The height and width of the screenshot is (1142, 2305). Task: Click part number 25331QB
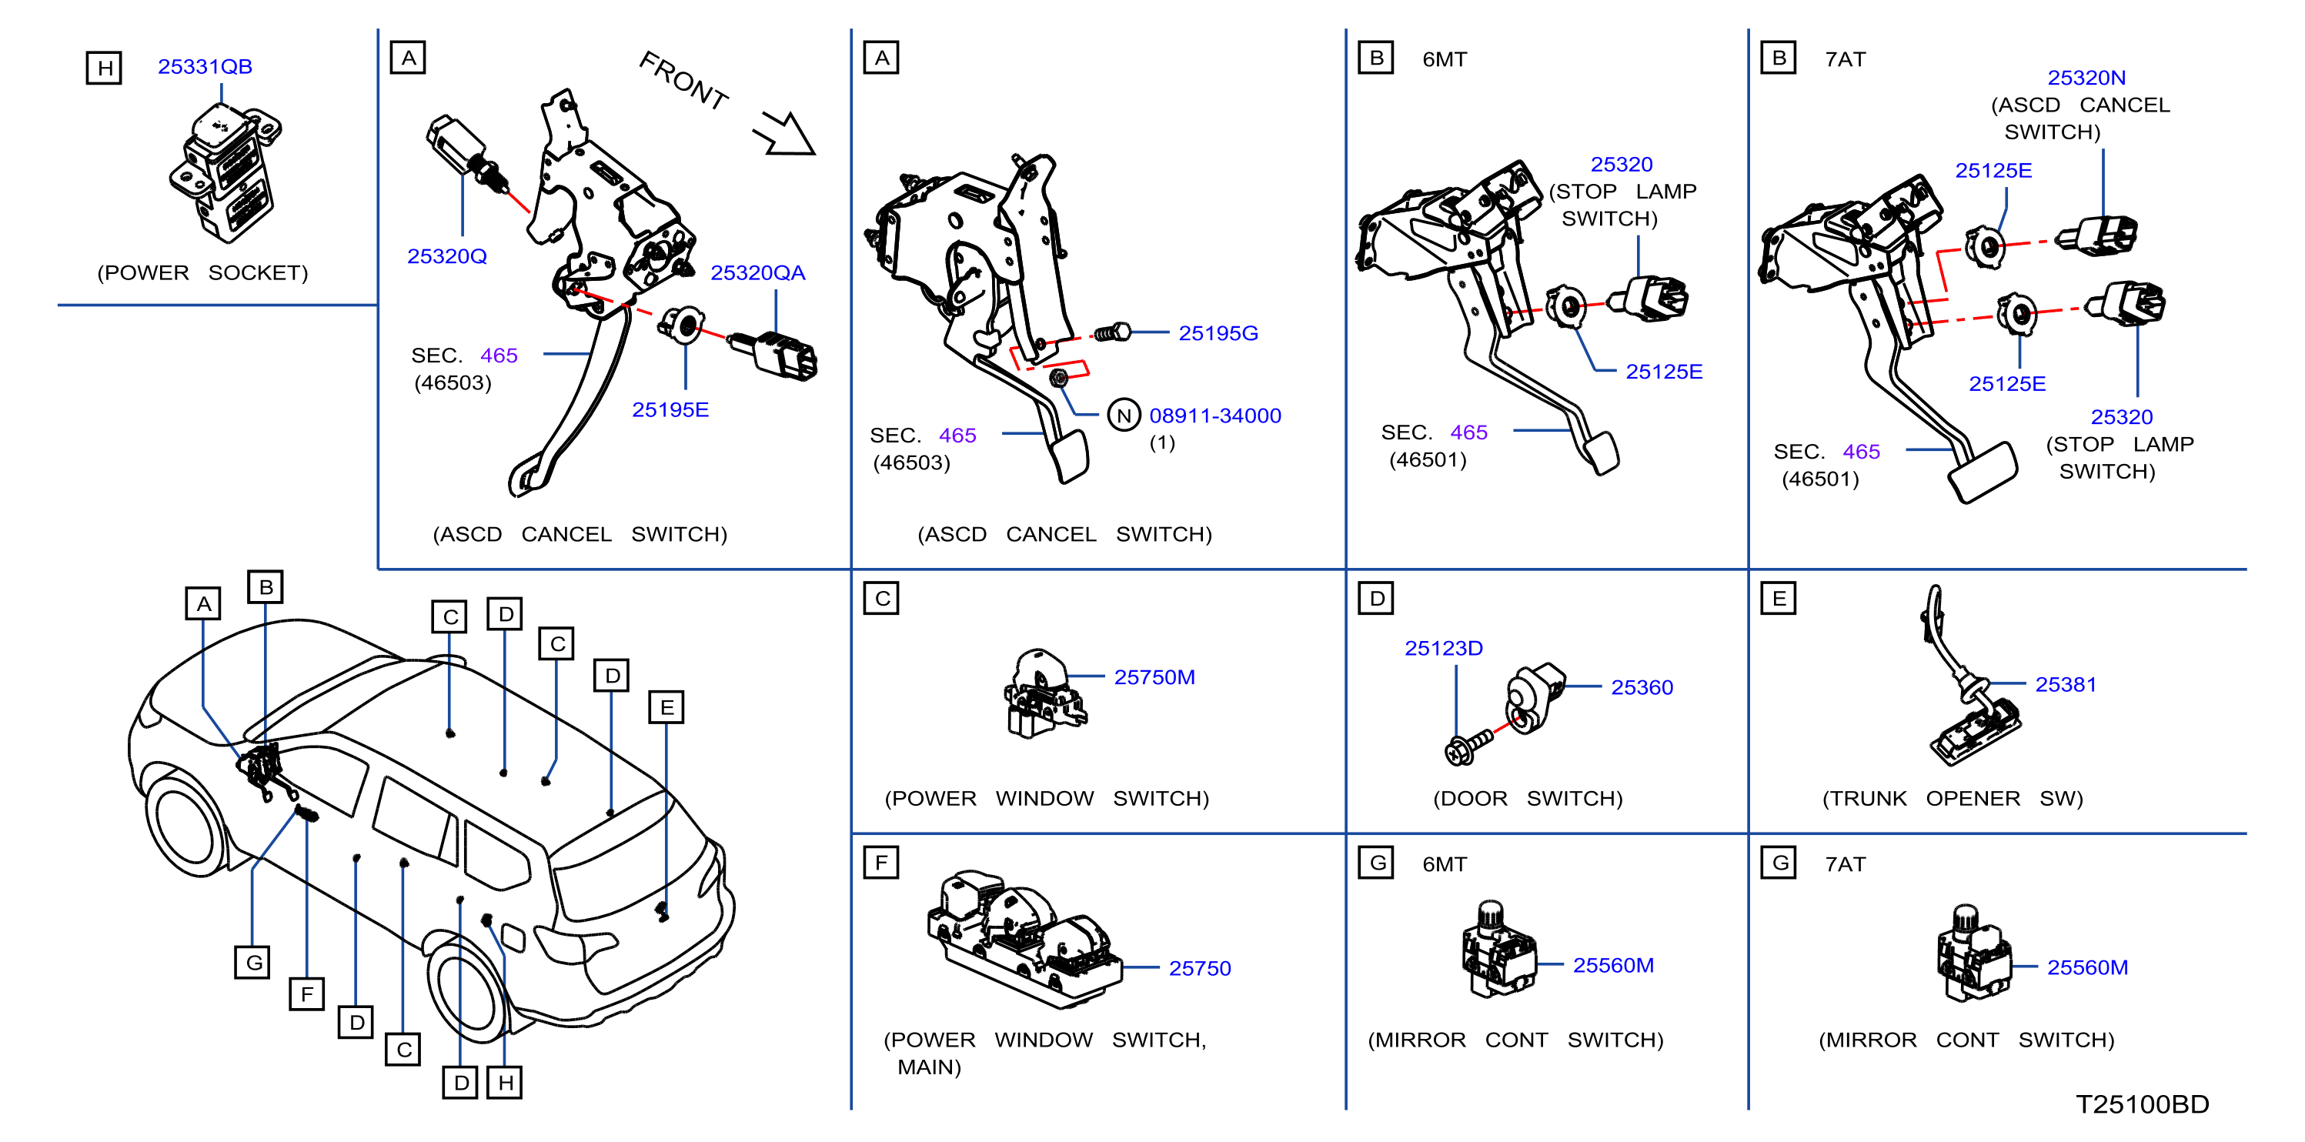click(x=205, y=66)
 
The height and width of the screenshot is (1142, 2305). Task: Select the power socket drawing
click(x=225, y=172)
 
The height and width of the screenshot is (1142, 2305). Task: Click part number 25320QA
click(x=758, y=272)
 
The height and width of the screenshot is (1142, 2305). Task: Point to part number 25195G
click(x=1218, y=333)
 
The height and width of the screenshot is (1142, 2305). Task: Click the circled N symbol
click(x=1124, y=416)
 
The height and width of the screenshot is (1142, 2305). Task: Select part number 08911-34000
click(x=1215, y=416)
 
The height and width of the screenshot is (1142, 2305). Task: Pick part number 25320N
click(x=2086, y=78)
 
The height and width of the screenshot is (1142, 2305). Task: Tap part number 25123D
click(x=1443, y=648)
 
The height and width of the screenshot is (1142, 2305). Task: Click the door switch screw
click(x=1468, y=746)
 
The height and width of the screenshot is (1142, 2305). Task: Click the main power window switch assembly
click(x=1024, y=940)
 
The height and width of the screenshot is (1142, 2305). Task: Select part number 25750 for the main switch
click(x=1200, y=968)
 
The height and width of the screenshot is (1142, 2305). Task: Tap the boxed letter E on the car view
click(x=666, y=707)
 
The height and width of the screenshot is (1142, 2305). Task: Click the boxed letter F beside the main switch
click(x=881, y=863)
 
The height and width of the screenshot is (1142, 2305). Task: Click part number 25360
click(x=1642, y=687)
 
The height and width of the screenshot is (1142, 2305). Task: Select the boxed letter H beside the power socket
click(x=105, y=67)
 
